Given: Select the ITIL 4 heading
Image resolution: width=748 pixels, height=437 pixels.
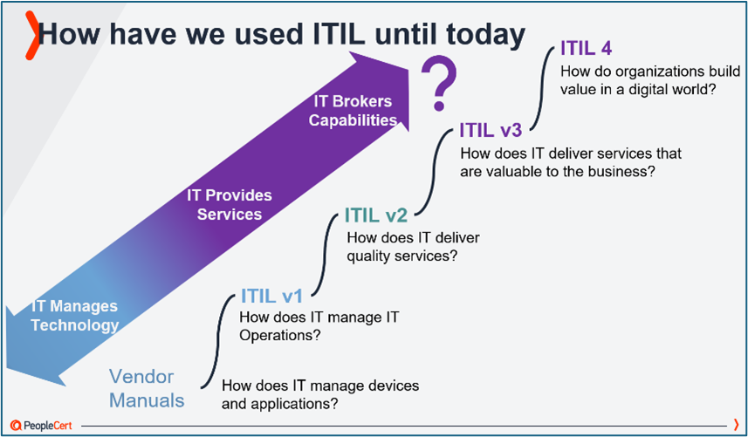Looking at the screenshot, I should click(x=587, y=49).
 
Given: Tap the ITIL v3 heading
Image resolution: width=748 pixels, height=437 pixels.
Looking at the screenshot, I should click(x=490, y=131).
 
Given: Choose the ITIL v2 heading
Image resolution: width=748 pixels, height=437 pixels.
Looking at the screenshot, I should click(x=375, y=215).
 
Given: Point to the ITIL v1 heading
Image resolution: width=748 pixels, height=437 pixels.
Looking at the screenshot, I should click(x=271, y=297).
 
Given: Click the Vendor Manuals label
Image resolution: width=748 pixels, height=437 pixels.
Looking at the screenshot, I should click(x=147, y=389).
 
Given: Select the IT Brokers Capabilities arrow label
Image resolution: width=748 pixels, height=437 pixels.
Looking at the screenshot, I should click(x=354, y=111).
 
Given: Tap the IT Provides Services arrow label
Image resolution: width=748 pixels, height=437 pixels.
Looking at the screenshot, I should click(x=230, y=204).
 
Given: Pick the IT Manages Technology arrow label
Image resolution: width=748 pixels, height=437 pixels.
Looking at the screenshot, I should click(x=75, y=316).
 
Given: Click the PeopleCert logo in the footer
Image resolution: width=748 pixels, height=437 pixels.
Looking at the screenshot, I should click(x=41, y=426).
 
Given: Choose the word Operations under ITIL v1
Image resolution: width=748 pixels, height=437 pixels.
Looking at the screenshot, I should click(x=272, y=334).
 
